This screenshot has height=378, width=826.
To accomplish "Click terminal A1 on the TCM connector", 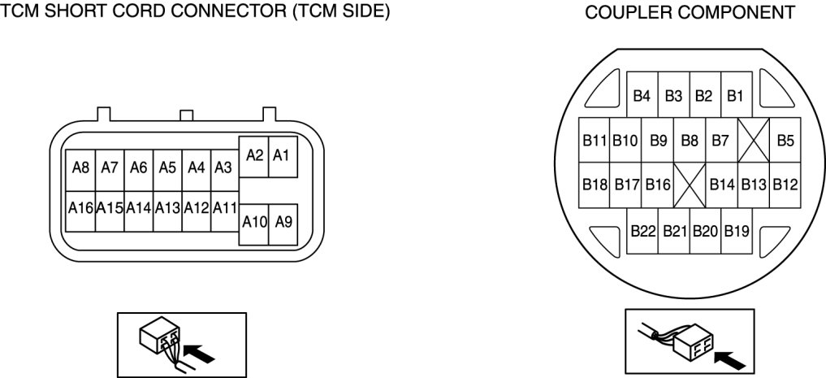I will (x=282, y=155).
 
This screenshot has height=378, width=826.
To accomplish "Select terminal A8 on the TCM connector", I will (x=80, y=168).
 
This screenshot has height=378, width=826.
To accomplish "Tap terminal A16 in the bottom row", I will (x=80, y=208).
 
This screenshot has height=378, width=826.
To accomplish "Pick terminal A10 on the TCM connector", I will (x=253, y=222).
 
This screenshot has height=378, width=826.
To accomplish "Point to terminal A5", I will (x=167, y=168).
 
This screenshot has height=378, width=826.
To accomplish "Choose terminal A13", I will (x=167, y=208).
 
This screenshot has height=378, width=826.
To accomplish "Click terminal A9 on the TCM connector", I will (x=283, y=222).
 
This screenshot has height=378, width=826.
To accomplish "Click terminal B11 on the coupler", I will (x=595, y=141).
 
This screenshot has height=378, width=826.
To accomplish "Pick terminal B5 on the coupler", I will (x=785, y=141).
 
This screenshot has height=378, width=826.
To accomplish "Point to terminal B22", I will (x=642, y=232).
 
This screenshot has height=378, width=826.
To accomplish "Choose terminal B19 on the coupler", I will (x=736, y=232).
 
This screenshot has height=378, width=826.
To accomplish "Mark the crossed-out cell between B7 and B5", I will (x=753, y=141).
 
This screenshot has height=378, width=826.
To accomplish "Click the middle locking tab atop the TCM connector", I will (x=186, y=116).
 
